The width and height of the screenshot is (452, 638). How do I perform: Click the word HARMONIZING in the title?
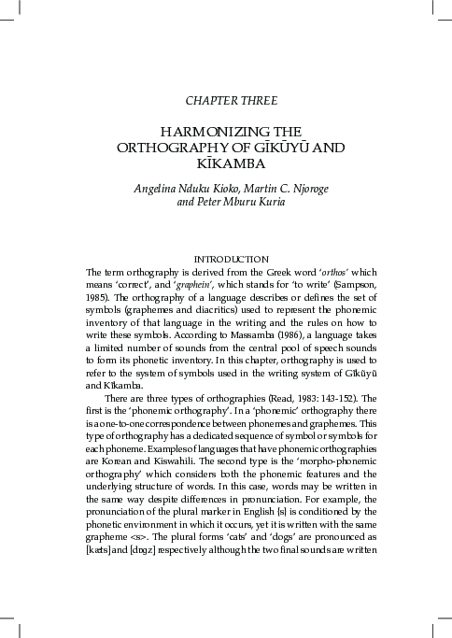coord(195,133)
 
